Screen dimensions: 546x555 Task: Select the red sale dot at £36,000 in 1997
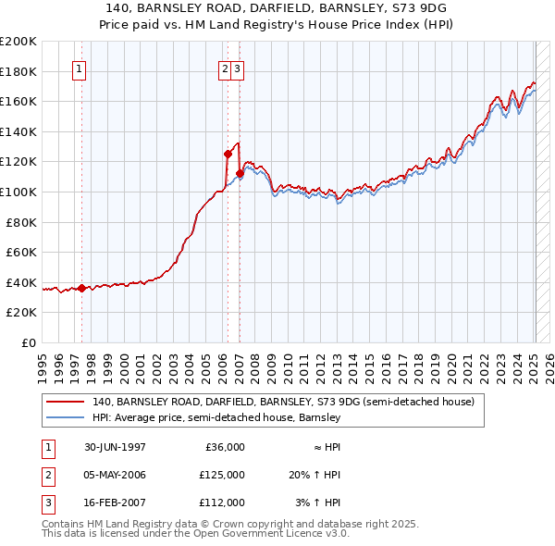(81, 288)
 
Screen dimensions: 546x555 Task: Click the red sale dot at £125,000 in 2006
(228, 154)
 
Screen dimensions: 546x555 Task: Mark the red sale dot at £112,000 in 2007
(240, 173)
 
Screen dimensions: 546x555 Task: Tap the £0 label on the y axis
(28, 342)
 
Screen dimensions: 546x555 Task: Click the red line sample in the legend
(65, 402)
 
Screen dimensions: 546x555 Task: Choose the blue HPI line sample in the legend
(65, 417)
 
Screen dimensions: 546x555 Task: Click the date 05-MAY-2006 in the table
(115, 475)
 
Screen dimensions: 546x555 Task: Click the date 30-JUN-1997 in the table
(115, 447)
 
